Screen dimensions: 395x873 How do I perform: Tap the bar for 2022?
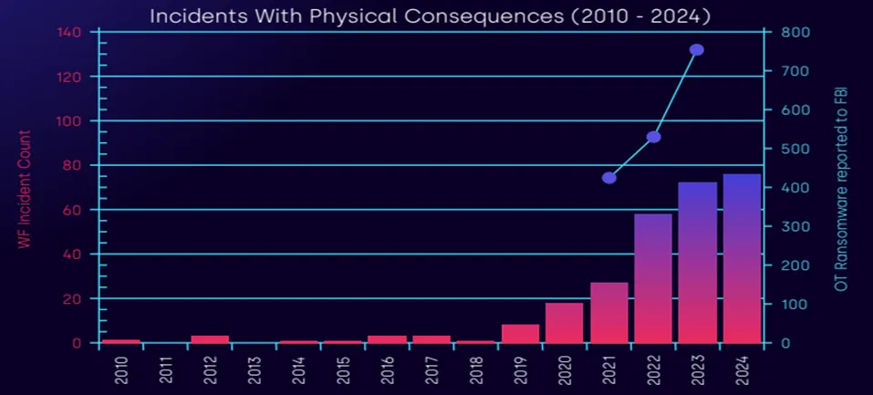[653, 278]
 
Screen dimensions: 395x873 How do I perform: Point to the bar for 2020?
[564, 323]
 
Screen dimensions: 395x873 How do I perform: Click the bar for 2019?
[520, 334]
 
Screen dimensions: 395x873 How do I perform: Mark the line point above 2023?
[697, 50]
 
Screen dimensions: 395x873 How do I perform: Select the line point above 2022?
[653, 137]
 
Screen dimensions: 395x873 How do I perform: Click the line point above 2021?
[609, 178]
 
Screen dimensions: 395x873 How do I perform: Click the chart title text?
[430, 16]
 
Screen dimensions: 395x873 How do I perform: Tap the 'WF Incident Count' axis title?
[25, 189]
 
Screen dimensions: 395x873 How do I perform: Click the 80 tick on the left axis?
[75, 165]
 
